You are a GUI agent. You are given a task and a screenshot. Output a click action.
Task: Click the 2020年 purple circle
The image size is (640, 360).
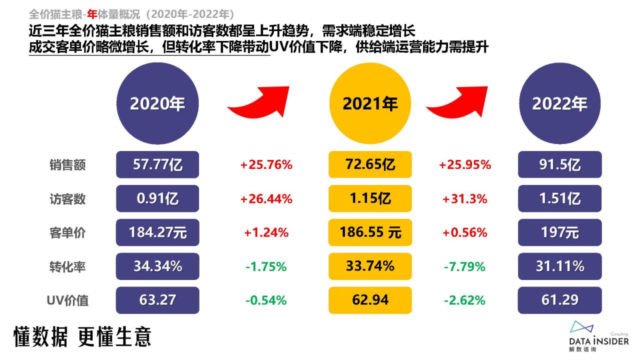(157, 103)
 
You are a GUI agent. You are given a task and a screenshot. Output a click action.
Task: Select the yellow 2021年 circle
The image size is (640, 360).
(370, 103)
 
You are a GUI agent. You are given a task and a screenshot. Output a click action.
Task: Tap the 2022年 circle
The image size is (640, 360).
(559, 103)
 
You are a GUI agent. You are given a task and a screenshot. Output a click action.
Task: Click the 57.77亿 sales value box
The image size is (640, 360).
(157, 164)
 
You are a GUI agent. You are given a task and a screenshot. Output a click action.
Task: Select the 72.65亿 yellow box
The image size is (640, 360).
(370, 164)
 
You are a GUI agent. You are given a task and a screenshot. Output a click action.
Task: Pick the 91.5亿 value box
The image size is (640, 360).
(559, 164)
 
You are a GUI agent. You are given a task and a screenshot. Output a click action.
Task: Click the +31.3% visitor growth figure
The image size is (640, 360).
(464, 199)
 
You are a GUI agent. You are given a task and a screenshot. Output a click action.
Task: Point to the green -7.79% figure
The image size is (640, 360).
(464, 267)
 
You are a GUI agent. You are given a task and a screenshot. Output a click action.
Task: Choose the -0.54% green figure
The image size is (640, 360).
(266, 300)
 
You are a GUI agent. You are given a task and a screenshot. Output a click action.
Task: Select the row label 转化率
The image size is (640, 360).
(67, 267)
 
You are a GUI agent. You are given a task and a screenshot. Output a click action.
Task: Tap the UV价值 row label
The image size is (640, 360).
(67, 300)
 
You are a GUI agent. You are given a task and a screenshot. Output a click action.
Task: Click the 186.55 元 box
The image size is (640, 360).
(370, 232)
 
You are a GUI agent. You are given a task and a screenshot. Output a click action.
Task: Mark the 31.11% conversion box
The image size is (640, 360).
(559, 266)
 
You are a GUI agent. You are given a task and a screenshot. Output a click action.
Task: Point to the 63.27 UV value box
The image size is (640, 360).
(157, 300)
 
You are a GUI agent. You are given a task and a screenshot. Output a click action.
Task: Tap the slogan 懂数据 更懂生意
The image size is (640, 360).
(82, 337)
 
